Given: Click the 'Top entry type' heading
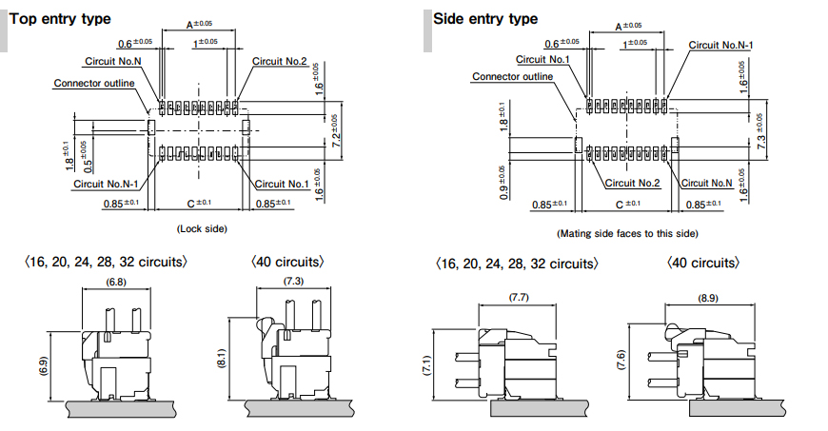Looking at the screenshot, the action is (x=60, y=19).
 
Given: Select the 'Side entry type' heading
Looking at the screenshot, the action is (x=485, y=19).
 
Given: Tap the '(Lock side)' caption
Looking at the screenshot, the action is (x=202, y=228).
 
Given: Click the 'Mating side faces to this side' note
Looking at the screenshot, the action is (x=627, y=233).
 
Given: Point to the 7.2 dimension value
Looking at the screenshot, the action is (x=336, y=130).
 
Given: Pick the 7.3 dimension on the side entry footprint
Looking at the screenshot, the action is (x=761, y=131).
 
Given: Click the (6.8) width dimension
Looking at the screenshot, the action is (x=116, y=282).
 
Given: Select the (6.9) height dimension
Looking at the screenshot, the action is (x=43, y=366).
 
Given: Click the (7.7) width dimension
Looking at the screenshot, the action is (x=519, y=298).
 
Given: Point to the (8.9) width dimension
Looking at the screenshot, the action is (x=708, y=298).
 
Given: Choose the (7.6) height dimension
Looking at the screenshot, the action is (x=621, y=360).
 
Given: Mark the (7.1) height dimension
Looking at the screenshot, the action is (x=426, y=365).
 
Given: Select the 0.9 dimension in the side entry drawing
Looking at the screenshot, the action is (x=504, y=183).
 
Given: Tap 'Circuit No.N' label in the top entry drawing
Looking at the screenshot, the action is (x=113, y=61).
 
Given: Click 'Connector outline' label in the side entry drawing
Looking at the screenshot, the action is (x=512, y=76).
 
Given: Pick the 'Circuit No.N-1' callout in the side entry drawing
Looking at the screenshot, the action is (x=720, y=46).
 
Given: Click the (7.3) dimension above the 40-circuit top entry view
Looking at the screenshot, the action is (x=293, y=281).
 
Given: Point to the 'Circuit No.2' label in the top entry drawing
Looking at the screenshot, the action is (x=280, y=61).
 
